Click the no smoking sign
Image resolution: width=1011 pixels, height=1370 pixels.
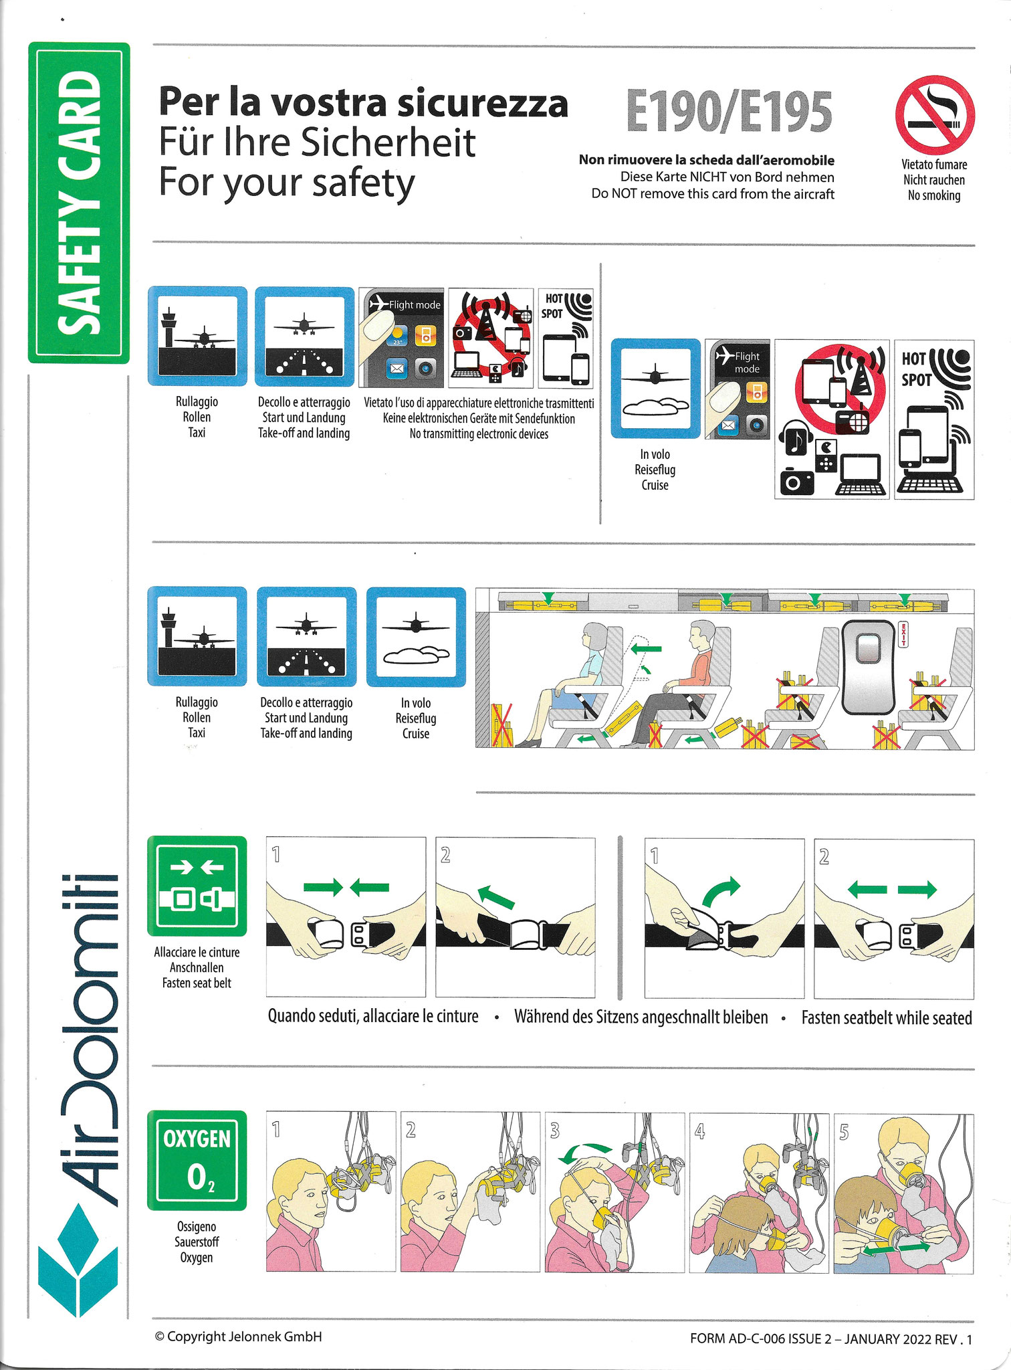click(935, 115)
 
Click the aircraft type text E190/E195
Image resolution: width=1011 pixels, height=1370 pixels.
click(729, 112)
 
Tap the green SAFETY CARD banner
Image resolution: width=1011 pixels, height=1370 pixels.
click(79, 203)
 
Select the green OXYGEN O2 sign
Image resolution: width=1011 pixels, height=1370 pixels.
click(197, 1160)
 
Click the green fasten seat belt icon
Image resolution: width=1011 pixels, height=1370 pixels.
click(197, 886)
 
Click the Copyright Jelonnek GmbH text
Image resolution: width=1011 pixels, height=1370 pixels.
click(239, 1336)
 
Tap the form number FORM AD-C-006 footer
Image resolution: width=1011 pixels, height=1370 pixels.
click(831, 1339)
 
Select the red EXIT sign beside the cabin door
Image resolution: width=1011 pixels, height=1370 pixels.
click(903, 634)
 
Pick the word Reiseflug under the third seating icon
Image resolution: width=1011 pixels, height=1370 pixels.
click(415, 718)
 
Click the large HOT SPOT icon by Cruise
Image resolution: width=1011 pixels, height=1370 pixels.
click(933, 419)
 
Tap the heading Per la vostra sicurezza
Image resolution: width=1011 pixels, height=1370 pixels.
click(363, 103)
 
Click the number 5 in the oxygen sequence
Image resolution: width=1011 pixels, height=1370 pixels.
click(844, 1131)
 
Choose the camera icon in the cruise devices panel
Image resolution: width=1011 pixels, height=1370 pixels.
click(796, 481)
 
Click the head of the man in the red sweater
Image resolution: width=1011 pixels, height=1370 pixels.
click(703, 635)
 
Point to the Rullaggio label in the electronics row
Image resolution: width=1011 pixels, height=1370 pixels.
click(197, 402)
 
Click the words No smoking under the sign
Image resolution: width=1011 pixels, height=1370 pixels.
click(934, 195)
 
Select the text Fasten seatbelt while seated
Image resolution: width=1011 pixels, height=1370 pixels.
click(887, 1017)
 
